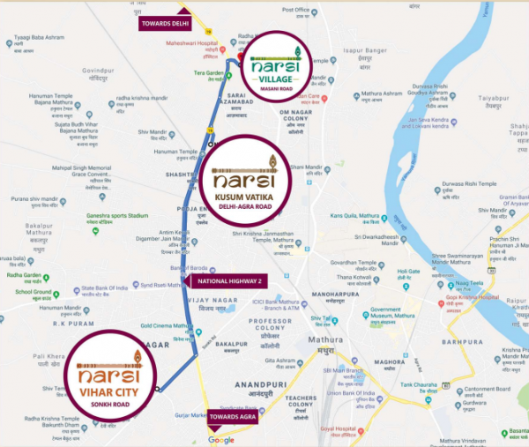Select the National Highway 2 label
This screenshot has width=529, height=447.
[x=224, y=281]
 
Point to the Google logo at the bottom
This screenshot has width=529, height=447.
[x=221, y=439]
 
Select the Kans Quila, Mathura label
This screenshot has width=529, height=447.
[x=354, y=216]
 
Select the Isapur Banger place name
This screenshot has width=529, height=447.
[x=364, y=50]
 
